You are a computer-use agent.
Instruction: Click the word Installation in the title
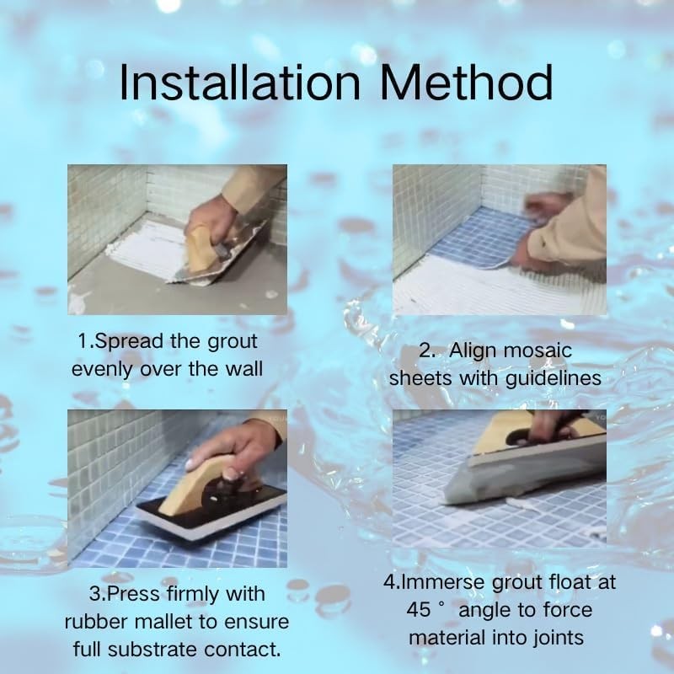pos(239,82)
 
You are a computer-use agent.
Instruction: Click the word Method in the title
pos(466,82)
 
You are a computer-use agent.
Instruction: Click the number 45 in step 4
pos(419,609)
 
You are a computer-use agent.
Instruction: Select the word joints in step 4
pos(559,638)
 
